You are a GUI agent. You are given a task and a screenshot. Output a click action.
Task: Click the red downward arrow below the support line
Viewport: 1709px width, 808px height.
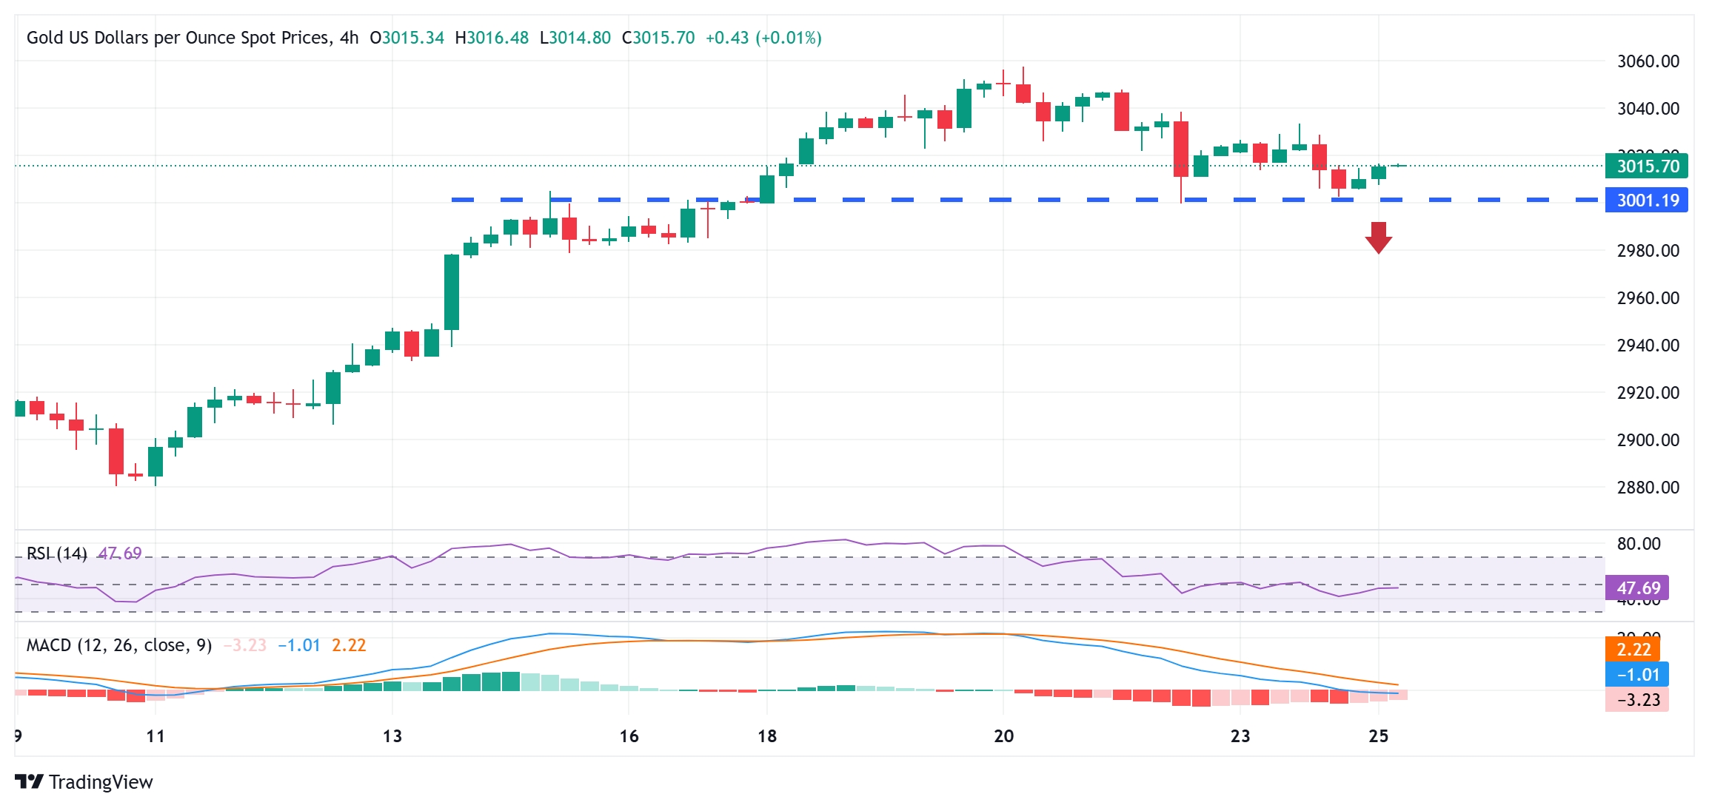(x=1378, y=238)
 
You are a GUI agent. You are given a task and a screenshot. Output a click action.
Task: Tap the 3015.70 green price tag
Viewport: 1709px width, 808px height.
(x=1646, y=166)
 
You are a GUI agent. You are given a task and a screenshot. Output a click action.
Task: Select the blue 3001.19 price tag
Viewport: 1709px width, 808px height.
(x=1646, y=201)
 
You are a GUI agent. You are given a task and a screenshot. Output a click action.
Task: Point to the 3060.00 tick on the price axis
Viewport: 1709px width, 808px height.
(x=1648, y=61)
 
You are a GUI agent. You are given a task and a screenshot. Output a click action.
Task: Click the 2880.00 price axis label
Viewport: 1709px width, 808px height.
(x=1648, y=488)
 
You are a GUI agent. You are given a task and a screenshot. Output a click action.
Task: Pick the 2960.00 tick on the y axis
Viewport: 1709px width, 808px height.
(x=1648, y=298)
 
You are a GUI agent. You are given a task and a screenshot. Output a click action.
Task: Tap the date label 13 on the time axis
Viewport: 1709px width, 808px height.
(x=392, y=736)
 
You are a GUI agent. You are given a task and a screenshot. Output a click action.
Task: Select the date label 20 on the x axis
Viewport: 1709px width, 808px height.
(x=1003, y=736)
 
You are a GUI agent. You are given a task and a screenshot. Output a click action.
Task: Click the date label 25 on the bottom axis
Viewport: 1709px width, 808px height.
(x=1378, y=736)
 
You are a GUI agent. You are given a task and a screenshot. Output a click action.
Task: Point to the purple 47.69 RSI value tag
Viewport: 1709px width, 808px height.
(x=1637, y=588)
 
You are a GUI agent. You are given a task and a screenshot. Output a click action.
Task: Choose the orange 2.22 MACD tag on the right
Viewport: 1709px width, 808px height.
(x=1633, y=650)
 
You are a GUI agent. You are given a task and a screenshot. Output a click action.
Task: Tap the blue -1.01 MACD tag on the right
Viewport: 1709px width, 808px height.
(x=1637, y=675)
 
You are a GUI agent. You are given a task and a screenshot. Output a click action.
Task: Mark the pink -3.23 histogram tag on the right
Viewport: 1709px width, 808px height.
(x=1637, y=700)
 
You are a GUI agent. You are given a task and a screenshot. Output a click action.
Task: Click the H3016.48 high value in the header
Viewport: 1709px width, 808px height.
(x=492, y=38)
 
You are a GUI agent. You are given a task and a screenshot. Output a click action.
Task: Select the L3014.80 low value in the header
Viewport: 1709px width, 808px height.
(x=575, y=38)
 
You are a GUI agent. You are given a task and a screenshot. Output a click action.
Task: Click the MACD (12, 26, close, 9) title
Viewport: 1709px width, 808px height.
(x=119, y=645)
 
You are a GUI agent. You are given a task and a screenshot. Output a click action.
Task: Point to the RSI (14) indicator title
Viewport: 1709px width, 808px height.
(x=57, y=553)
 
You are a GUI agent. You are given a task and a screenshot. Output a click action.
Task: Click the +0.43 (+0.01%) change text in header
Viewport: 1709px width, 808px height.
(x=763, y=38)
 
